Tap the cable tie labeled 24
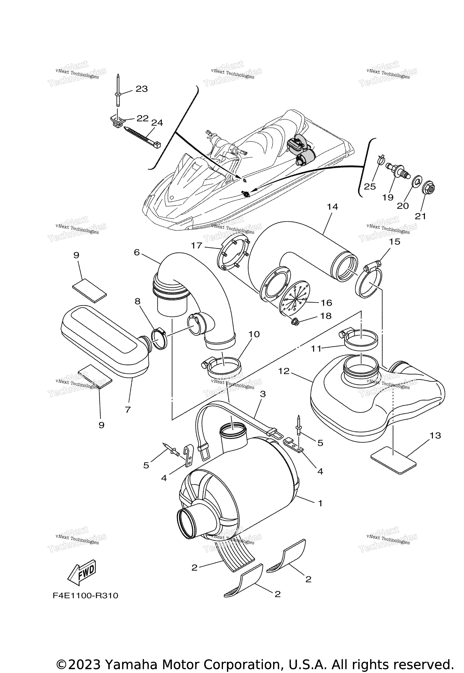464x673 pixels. (142, 138)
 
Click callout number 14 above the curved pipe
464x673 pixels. (332, 207)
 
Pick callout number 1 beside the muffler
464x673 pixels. (320, 503)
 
